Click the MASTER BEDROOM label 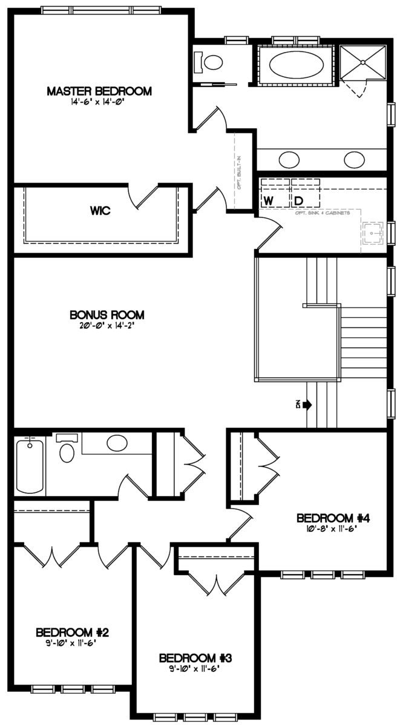coord(99,91)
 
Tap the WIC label coord(99,211)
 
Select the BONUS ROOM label coord(107,315)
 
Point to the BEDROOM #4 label coord(333,518)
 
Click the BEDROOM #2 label coord(72,633)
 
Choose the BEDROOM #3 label coord(195,658)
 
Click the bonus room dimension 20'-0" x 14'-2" coord(107,326)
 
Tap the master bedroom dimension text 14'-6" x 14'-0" coord(99,102)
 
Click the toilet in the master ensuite coord(212,62)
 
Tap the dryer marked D coord(299,199)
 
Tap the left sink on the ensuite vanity coord(288,160)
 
